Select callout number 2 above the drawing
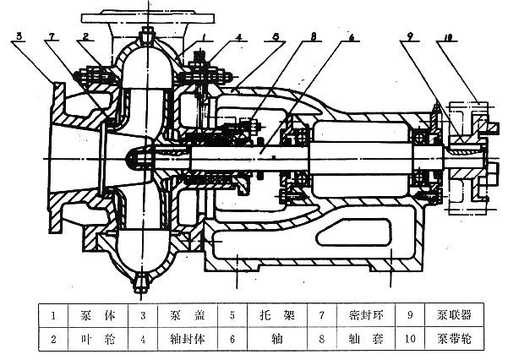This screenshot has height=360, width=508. (86, 36)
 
